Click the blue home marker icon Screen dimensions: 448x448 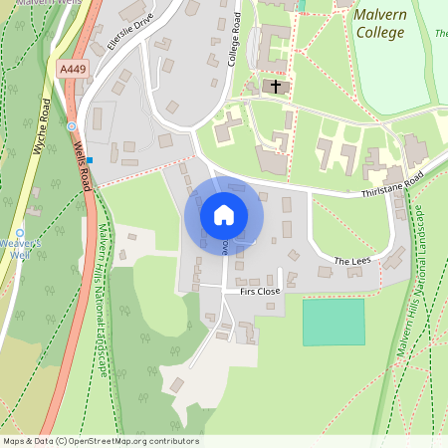tap(224, 215)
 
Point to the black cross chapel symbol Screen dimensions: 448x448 tap(276, 87)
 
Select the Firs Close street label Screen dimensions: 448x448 tap(260, 291)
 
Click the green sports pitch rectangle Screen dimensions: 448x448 tap(334, 322)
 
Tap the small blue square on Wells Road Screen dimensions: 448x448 tap(90, 160)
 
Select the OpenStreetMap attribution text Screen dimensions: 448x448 tap(101, 441)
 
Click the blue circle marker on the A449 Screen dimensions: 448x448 tap(72, 126)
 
